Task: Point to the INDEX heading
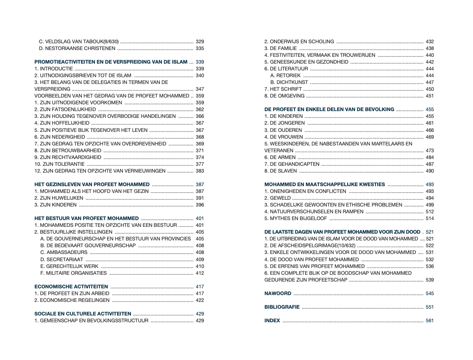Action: coord(272,321)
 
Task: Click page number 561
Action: coord(430,321)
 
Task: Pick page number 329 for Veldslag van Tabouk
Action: coord(200,42)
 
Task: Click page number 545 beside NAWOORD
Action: coord(430,293)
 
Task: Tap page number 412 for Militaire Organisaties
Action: coord(200,273)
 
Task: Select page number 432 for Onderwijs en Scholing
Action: coord(430,42)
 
